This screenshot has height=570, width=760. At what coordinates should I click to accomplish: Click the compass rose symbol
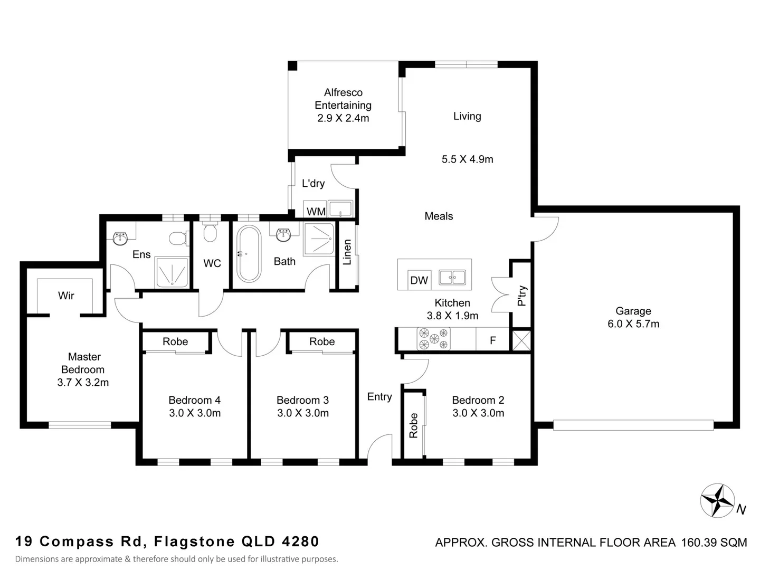(717, 500)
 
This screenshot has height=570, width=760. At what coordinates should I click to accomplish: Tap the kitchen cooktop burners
(433, 339)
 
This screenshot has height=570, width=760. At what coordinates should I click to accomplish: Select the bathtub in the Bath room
(249, 253)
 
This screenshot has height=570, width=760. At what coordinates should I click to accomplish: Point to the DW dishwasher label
(419, 280)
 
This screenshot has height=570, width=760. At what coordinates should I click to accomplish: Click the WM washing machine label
(316, 212)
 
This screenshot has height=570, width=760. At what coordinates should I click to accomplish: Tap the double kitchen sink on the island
(452, 277)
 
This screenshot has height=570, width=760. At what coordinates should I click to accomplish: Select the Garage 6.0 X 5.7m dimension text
(633, 324)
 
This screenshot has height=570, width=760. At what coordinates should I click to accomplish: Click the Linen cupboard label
(347, 252)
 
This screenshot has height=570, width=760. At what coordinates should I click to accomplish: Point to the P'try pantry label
(522, 296)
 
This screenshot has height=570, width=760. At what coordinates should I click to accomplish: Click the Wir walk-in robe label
(66, 296)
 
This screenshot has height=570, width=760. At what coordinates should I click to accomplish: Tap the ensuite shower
(172, 272)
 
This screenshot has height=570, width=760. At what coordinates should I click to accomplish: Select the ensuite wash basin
(120, 238)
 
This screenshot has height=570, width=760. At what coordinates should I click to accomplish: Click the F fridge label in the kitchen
(493, 340)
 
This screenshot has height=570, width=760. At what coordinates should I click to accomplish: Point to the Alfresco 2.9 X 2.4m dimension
(343, 118)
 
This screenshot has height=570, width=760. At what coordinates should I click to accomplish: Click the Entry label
(379, 396)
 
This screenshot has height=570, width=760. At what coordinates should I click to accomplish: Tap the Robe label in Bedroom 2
(413, 426)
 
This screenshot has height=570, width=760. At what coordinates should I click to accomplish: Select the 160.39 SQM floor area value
(714, 543)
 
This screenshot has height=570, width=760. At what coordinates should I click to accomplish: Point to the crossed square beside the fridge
(521, 340)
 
